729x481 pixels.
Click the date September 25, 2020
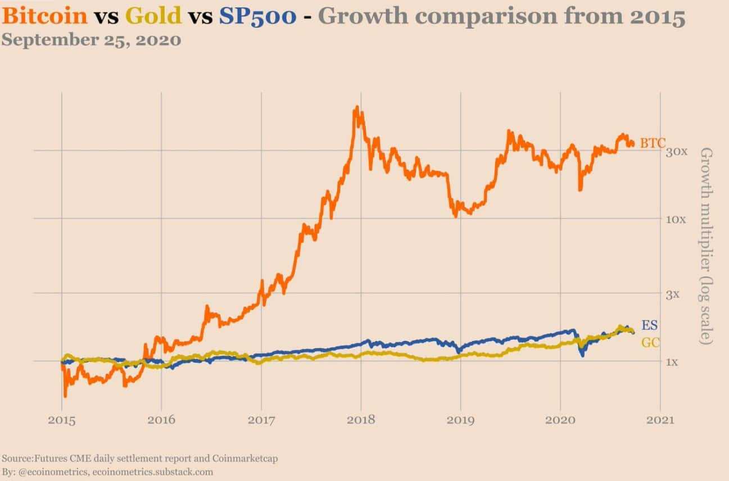(91, 40)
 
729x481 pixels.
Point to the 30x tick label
(677, 152)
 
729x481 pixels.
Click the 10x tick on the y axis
(677, 219)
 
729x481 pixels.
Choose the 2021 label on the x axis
(660, 420)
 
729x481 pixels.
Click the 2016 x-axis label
(161, 420)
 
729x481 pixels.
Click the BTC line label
(652, 143)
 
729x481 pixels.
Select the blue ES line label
(650, 325)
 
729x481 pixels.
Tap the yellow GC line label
(650, 342)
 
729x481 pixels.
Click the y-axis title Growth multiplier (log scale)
(706, 246)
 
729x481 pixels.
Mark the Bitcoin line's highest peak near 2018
(356, 108)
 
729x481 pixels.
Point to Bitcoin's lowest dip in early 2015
(65, 395)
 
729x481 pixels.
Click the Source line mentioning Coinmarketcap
(139, 459)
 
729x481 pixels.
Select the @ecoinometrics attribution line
(107, 471)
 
